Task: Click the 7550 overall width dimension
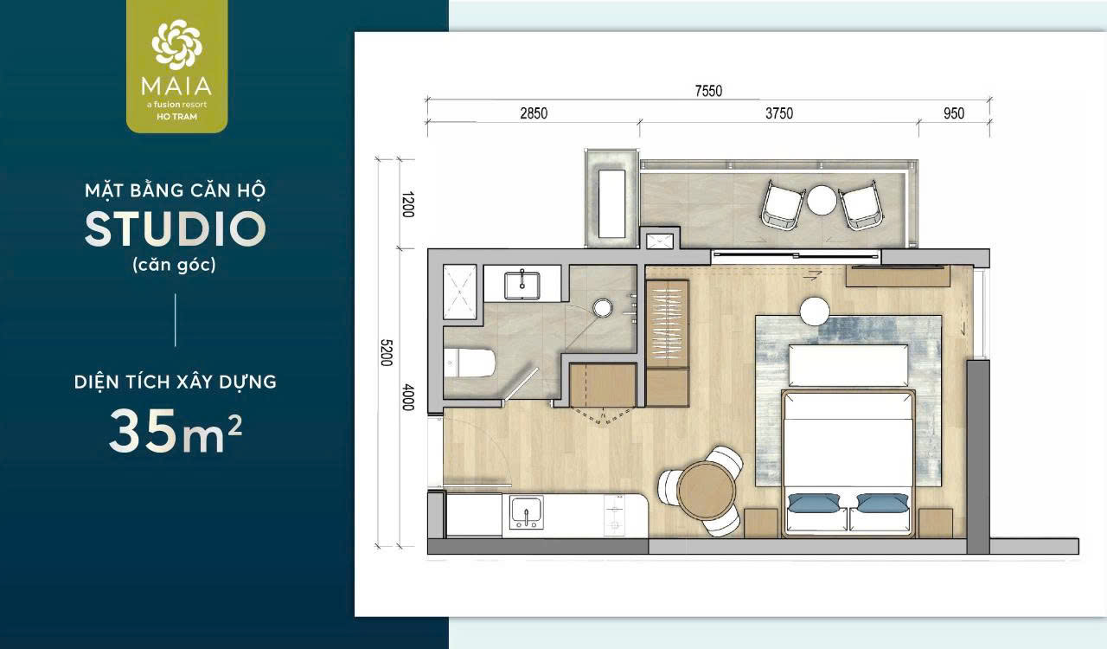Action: tap(708, 91)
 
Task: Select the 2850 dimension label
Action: tap(534, 113)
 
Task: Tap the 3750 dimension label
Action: tap(779, 113)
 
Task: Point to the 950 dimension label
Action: tap(954, 113)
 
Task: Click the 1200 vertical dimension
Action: tap(407, 204)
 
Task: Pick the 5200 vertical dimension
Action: tap(387, 353)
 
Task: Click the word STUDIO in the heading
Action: tap(176, 229)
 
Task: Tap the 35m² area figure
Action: tap(176, 430)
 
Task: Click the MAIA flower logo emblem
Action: tap(177, 44)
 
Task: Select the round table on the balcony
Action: tap(822, 200)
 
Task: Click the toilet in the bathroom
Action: tap(469, 363)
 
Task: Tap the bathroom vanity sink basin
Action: tap(522, 286)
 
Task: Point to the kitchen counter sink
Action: tap(527, 512)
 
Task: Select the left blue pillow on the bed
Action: tap(814, 502)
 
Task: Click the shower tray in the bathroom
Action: tap(459, 292)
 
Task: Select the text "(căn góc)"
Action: tap(175, 265)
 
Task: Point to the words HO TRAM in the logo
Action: tap(177, 117)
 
